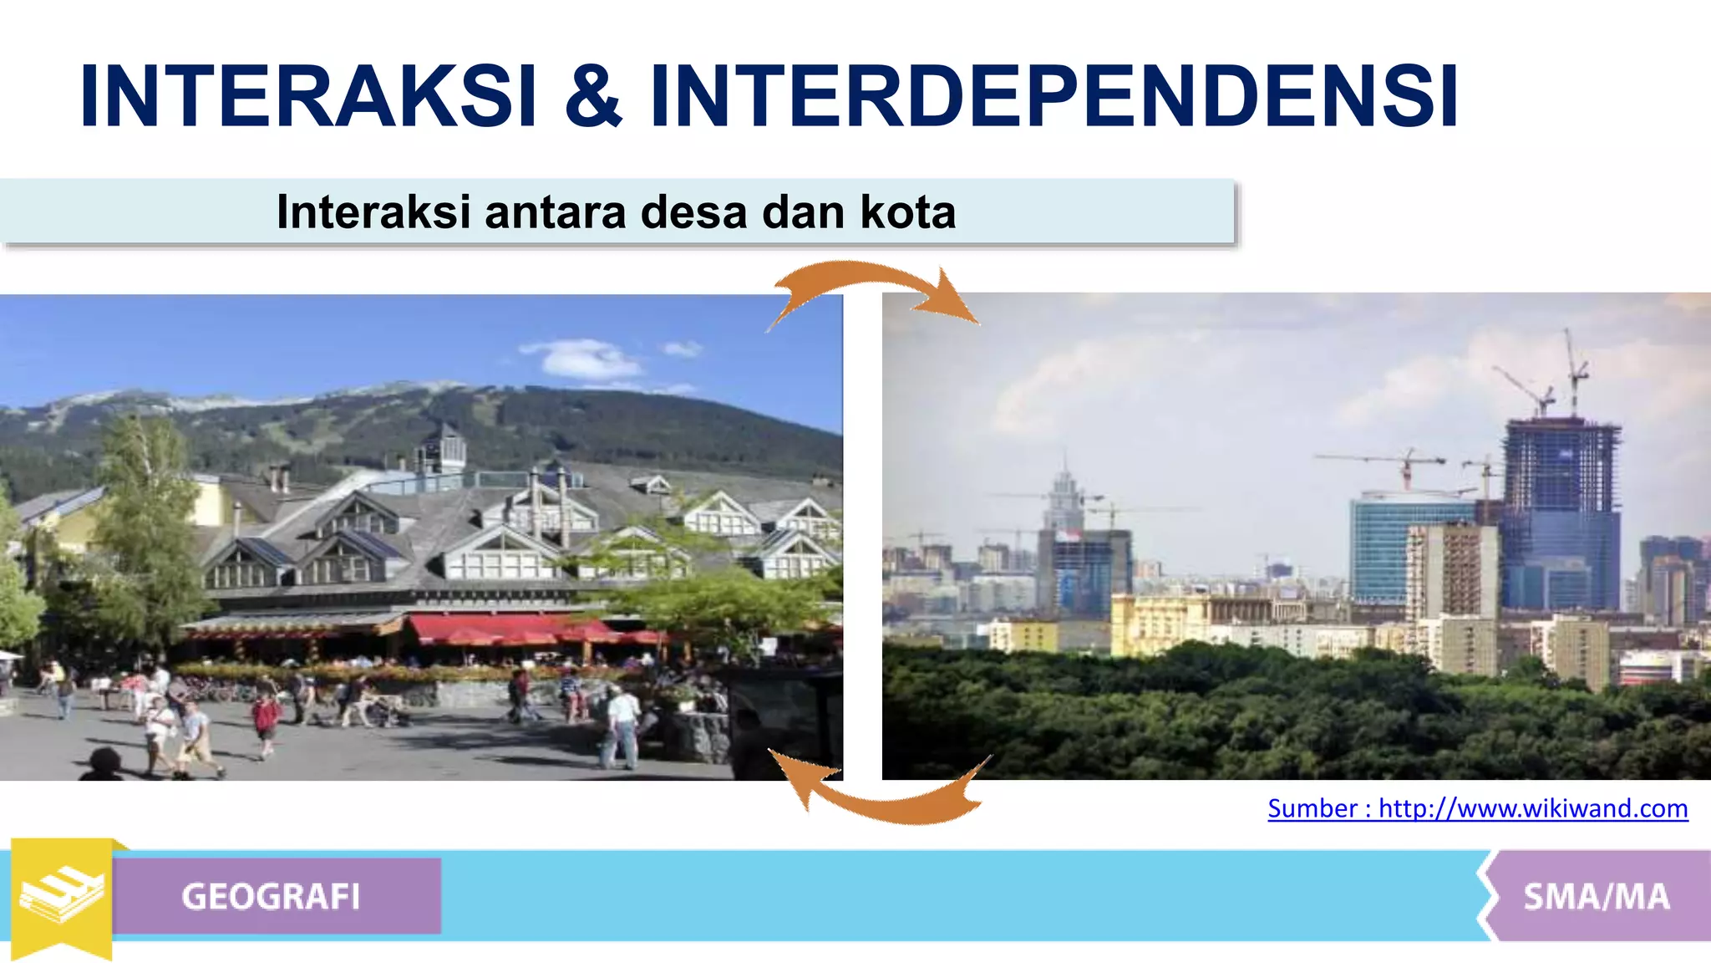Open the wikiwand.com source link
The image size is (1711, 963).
1477,808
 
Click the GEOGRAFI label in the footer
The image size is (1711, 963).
271,896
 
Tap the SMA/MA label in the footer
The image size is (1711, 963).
1596,896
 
